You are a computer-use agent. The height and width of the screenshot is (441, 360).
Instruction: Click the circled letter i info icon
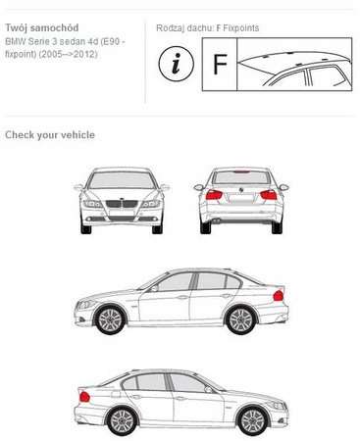pos(176,64)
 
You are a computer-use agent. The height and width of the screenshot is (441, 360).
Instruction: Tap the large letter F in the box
pos(220,64)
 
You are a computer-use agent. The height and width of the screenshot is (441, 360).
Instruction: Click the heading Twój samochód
pos(42,27)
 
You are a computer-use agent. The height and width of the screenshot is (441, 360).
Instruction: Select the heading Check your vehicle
pos(50,135)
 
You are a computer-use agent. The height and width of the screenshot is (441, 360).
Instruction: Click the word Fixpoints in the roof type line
pos(241,28)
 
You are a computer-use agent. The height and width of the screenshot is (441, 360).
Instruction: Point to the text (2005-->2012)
pos(68,54)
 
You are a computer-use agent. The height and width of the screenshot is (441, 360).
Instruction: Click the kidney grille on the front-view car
pos(122,204)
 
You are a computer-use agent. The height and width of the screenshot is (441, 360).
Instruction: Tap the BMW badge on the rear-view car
pos(241,189)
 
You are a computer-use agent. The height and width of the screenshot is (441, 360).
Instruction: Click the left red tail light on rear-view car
pos(214,195)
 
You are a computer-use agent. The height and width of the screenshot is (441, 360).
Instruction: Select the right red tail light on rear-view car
pos(269,195)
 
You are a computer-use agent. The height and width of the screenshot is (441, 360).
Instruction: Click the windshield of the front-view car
pos(122,180)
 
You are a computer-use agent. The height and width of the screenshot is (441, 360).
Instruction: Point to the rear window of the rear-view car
pos(241,177)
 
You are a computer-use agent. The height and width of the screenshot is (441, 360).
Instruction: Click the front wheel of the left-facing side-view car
pos(110,319)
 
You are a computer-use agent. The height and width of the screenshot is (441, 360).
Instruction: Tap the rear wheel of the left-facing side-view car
pos(241,319)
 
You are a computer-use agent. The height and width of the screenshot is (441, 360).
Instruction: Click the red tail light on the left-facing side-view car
pos(279,296)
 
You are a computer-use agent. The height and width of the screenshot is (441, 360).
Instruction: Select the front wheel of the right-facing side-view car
pos(253,420)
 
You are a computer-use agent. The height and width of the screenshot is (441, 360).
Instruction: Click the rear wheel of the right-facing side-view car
pos(123,420)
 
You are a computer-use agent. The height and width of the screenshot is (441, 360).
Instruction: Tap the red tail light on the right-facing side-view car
pos(84,397)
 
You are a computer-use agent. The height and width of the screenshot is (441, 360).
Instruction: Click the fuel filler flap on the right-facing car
pos(116,394)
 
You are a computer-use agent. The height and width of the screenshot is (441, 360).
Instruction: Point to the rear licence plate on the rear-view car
pos(241,198)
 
